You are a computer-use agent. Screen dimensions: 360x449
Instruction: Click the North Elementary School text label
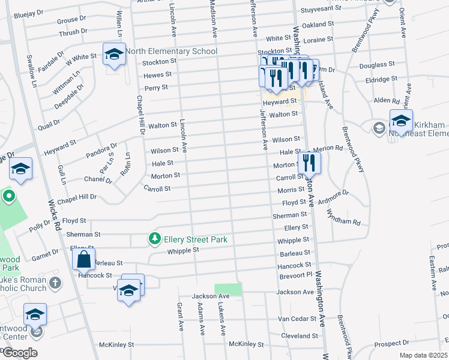(171, 52)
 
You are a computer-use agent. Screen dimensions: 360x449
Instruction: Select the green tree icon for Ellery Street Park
(155, 239)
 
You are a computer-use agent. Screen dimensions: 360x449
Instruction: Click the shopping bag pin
(84, 260)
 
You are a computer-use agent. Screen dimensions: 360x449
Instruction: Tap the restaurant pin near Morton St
(309, 163)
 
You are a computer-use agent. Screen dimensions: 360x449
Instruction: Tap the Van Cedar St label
(293, 319)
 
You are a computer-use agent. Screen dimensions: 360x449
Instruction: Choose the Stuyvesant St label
(316, 10)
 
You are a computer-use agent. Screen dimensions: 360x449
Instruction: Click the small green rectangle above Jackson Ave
(228, 289)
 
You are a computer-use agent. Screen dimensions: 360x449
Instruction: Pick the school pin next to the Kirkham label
(401, 121)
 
